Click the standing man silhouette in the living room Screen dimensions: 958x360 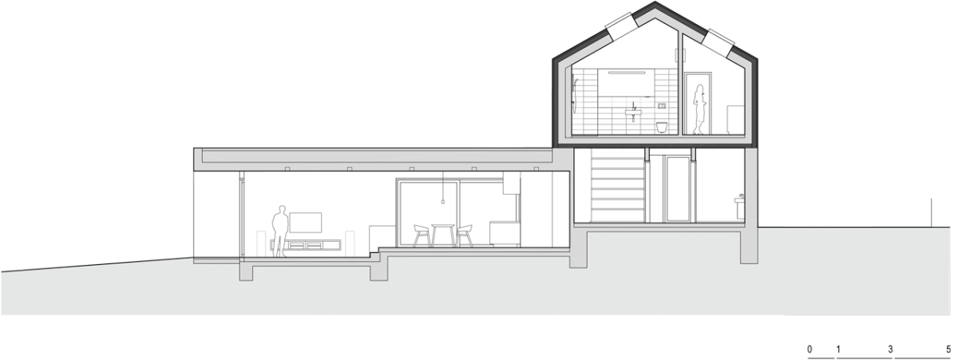click(280, 231)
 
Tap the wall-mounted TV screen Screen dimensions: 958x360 click(305, 223)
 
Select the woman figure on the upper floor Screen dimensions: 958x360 click(699, 110)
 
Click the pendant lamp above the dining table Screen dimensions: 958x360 click(442, 201)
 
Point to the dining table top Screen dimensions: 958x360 click(442, 225)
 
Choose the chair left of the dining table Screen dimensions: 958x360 click(422, 235)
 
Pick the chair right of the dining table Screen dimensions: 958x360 click(464, 235)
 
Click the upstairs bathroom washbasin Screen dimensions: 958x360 click(633, 112)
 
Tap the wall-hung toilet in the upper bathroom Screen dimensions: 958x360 click(662, 127)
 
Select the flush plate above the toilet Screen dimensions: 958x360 click(662, 105)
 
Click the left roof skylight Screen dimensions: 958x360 click(620, 26)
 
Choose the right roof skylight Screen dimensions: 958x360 click(719, 43)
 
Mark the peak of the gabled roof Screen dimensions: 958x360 click(655, 2)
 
